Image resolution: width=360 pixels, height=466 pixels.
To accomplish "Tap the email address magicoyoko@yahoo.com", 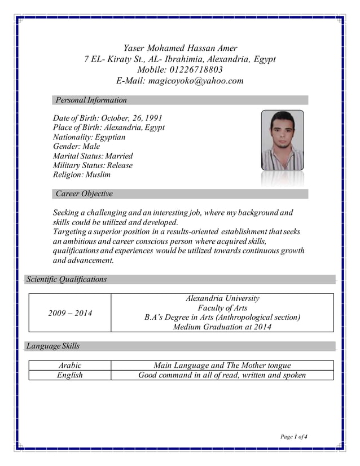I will [196, 81].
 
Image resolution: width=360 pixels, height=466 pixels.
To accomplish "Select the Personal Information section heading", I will [91, 100].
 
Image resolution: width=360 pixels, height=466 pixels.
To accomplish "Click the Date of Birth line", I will [107, 118].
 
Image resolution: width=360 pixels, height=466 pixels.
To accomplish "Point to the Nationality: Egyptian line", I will [89, 137].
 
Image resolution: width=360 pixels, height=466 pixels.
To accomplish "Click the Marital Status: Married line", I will [93, 156].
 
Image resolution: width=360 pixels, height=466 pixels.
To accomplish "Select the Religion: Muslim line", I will [81, 175].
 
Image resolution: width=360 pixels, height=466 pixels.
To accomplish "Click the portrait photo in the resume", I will [282, 140].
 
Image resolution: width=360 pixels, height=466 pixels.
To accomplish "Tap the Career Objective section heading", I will [84, 194].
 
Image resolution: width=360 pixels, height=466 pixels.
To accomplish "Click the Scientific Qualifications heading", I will [67, 279].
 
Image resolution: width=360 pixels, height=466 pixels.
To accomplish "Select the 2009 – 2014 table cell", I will [70, 313].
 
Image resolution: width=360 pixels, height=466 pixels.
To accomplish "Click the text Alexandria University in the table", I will [222, 298].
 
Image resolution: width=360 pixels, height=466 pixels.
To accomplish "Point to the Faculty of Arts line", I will [222, 308].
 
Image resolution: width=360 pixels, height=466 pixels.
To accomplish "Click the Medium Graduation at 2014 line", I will [222, 327].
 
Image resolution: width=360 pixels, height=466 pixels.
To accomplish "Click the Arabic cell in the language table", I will [70, 366].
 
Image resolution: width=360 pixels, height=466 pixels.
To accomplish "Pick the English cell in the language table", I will [70, 375].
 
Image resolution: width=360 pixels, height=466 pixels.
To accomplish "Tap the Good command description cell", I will [222, 375].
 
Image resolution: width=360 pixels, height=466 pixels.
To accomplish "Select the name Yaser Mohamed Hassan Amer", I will [180, 48].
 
